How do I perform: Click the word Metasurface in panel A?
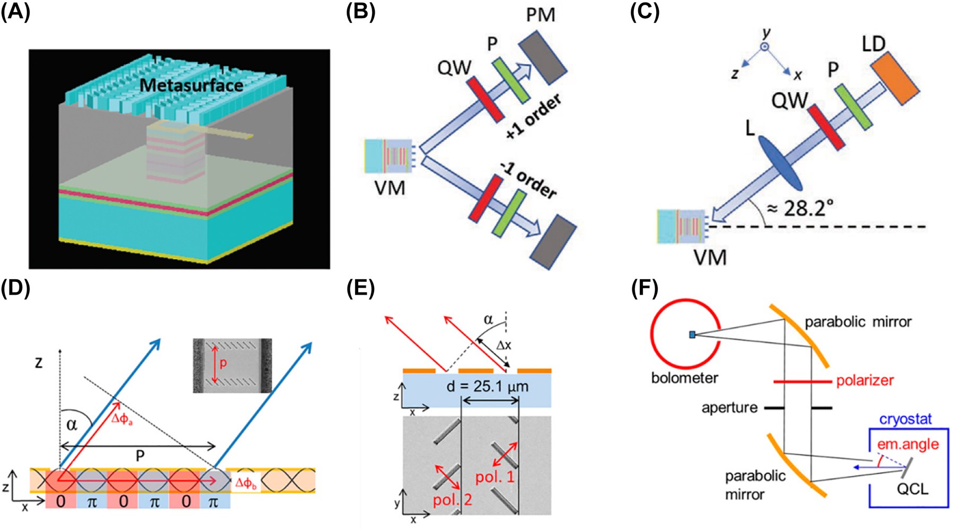(x=191, y=85)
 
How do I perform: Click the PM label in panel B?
(x=541, y=14)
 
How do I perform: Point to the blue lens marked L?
(x=781, y=162)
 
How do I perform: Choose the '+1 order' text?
(x=533, y=118)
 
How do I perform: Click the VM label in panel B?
(x=390, y=188)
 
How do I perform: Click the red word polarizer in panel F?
(x=865, y=380)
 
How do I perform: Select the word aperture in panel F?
(x=729, y=408)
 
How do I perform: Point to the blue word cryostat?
(x=905, y=419)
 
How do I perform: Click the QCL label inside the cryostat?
(x=912, y=488)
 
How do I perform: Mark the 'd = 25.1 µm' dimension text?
(x=487, y=386)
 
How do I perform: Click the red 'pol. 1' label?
(x=494, y=477)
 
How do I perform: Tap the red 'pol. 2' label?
(x=452, y=500)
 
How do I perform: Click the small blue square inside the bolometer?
(x=692, y=334)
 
